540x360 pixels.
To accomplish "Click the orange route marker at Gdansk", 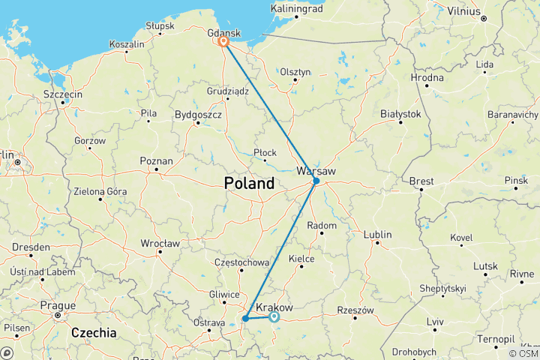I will click(223, 42).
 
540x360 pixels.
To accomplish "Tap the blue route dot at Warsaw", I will click(316, 181).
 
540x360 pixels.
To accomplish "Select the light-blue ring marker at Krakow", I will click(274, 317).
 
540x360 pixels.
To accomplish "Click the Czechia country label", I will click(94, 331).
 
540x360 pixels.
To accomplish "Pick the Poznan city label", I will click(157, 160).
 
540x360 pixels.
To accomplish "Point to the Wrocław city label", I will click(160, 243).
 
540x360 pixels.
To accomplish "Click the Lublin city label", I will click(377, 235).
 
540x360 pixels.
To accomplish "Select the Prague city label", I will click(59, 305).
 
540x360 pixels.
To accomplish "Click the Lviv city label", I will click(435, 321).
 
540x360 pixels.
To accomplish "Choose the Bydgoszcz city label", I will click(197, 115).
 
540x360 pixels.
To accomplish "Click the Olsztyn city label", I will click(295, 71).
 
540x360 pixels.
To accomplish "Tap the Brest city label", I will click(421, 181).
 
